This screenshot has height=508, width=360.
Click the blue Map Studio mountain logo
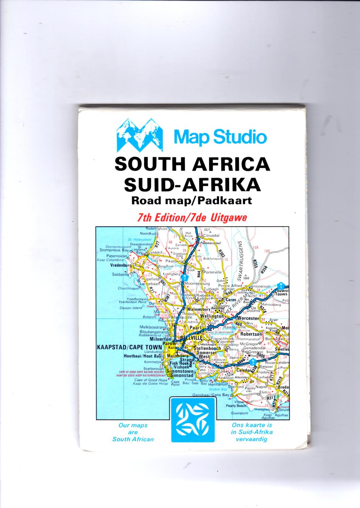click(139, 135)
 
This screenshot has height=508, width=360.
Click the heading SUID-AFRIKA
click(192, 185)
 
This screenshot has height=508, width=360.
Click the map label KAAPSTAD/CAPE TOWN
click(129, 347)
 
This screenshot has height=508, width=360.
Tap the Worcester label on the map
click(248, 318)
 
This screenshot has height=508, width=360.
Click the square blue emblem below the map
click(192, 420)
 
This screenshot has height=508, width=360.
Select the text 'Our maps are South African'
click(133, 432)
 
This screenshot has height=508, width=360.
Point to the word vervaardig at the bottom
click(252, 439)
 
